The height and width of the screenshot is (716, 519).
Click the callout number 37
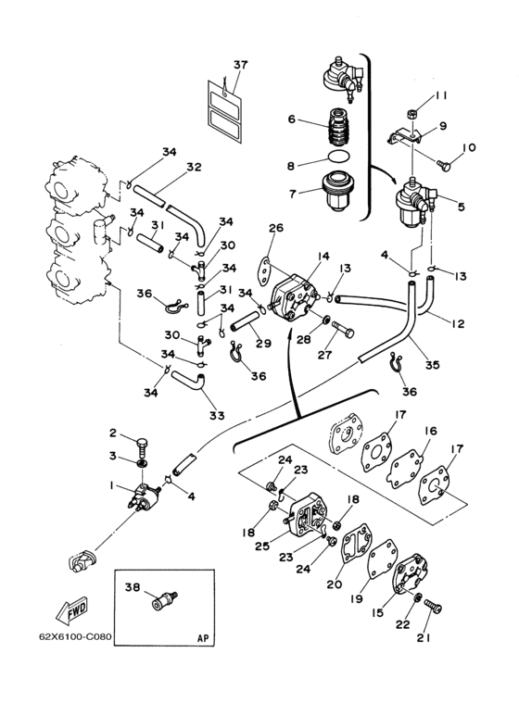click(240, 65)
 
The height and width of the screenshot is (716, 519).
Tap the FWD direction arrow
click(71, 610)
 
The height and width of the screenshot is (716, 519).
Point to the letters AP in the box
click(203, 638)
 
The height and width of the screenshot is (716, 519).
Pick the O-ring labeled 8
click(338, 158)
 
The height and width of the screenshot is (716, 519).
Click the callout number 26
click(276, 228)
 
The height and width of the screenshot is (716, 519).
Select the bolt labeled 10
click(444, 165)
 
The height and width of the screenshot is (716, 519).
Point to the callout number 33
click(217, 416)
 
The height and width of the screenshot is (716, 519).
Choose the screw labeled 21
click(433, 607)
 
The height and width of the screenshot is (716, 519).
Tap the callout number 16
click(430, 431)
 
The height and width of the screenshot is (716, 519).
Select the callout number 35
click(432, 364)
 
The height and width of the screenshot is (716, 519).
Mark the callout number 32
click(194, 167)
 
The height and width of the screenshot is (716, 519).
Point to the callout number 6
click(292, 119)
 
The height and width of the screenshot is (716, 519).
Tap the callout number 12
click(458, 323)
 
